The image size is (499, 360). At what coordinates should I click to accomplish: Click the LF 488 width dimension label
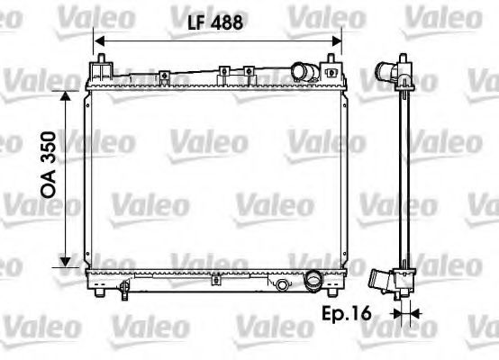click(216, 25)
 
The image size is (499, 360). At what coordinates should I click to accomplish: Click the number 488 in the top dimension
click(229, 25)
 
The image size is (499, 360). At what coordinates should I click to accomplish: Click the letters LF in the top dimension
click(195, 25)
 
